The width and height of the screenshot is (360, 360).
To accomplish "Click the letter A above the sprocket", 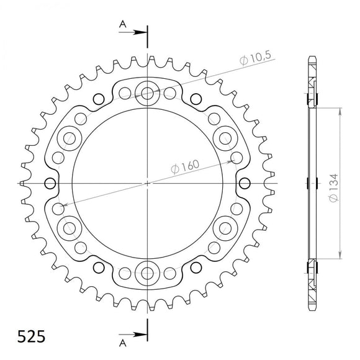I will click(x=122, y=24).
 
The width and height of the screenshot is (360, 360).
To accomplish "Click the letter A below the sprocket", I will click(x=122, y=343).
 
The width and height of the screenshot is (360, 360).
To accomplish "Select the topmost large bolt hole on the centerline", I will click(x=148, y=94).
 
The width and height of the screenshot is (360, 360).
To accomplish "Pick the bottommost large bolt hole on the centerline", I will click(x=148, y=273).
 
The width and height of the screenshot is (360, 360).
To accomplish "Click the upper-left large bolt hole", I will click(x=70, y=138).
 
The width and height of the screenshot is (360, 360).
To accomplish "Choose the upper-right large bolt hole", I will click(x=225, y=138).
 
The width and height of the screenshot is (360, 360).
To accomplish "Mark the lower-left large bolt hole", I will click(x=70, y=228).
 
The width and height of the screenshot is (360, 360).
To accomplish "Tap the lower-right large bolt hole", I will click(x=225, y=228).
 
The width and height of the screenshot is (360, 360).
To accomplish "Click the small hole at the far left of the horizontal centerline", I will click(x=51, y=184).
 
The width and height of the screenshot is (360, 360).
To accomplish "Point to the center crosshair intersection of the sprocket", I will click(x=148, y=184).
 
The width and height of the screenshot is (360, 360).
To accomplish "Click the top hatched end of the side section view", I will click(x=312, y=81).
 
